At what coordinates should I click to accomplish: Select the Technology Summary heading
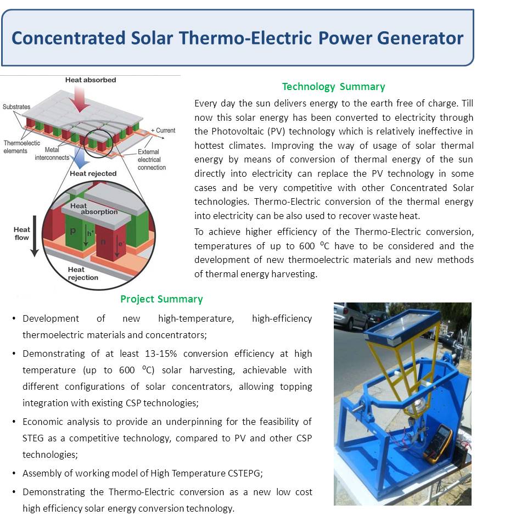pos(333,87)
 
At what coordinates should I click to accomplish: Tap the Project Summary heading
pos(161,299)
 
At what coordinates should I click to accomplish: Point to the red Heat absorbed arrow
pos(80,99)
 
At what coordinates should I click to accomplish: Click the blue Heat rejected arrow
pos(80,158)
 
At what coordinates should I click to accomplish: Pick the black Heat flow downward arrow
pos(35,236)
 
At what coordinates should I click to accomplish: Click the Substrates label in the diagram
pos(16,107)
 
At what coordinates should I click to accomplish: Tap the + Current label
pos(163,131)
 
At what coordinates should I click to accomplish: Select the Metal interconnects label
pos(52,154)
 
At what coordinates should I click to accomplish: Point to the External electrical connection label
pos(152,160)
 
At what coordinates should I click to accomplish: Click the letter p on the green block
pos(72,231)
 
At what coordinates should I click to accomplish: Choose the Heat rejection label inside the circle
pos(83,273)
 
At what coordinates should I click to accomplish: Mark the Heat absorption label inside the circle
pos(94,209)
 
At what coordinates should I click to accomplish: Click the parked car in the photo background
pos(350,316)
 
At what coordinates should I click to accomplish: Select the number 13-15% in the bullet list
pos(161,354)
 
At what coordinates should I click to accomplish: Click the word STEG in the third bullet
pos(33,438)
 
